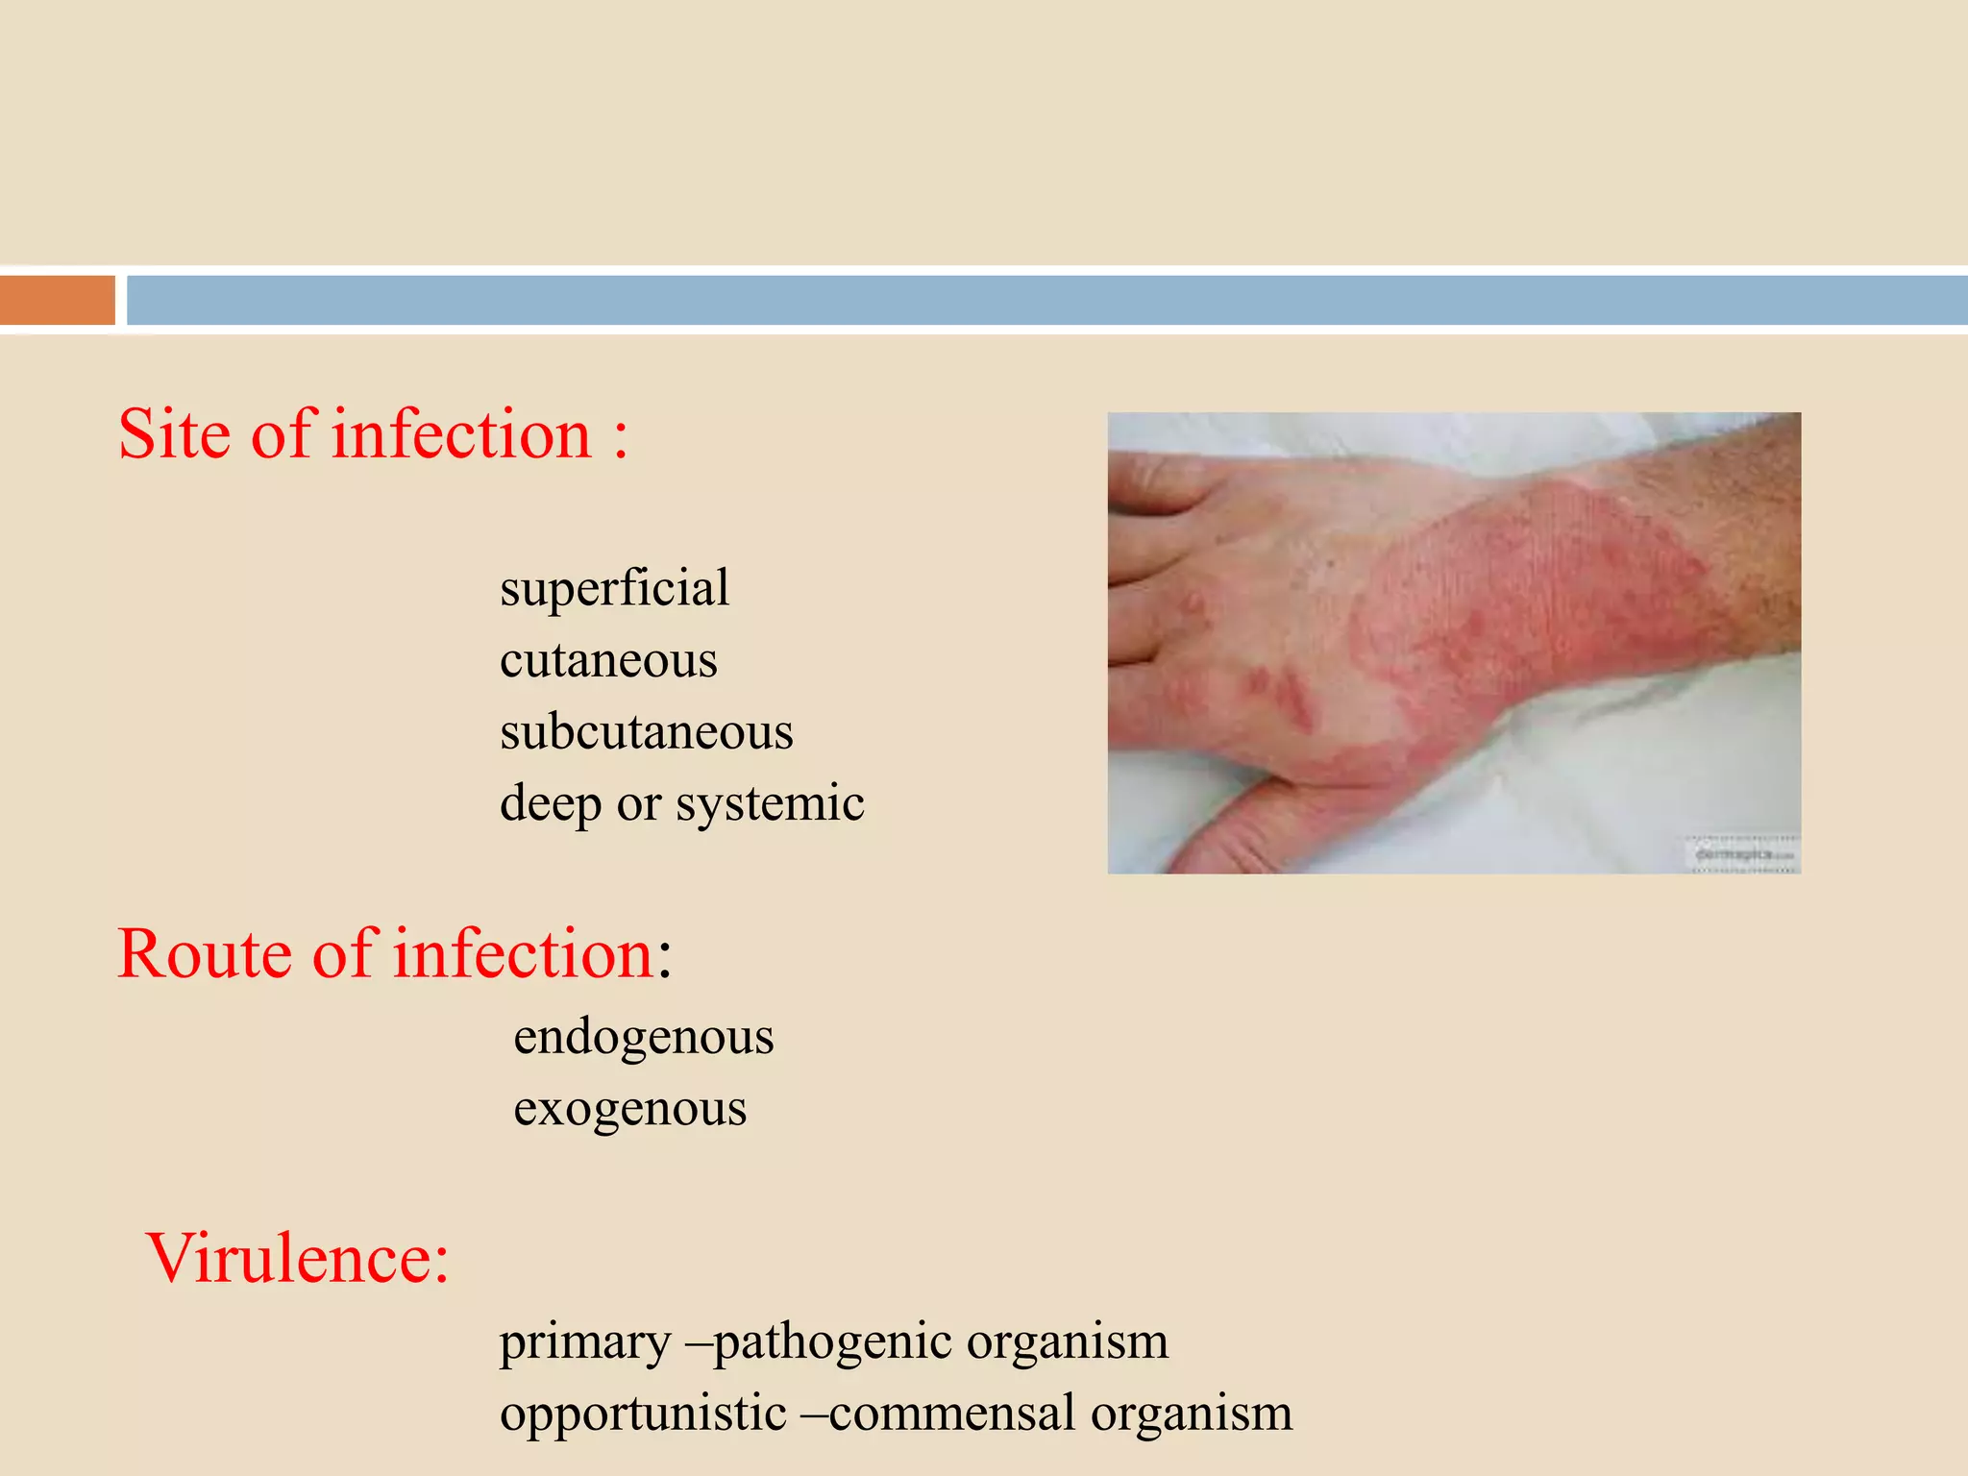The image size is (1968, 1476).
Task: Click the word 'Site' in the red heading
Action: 176,434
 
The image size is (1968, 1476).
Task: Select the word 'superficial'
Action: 614,588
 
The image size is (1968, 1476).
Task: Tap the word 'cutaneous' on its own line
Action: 608,660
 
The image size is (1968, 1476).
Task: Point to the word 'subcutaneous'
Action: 646,732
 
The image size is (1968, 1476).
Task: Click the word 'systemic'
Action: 770,803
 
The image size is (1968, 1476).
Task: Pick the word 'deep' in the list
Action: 550,803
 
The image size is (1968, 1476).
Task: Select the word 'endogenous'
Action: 643,1037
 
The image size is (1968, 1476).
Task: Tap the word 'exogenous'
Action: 629,1109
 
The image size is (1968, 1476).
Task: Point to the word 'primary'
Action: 584,1341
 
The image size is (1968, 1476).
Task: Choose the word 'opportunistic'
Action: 643,1414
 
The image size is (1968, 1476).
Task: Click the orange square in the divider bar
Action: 58,300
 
